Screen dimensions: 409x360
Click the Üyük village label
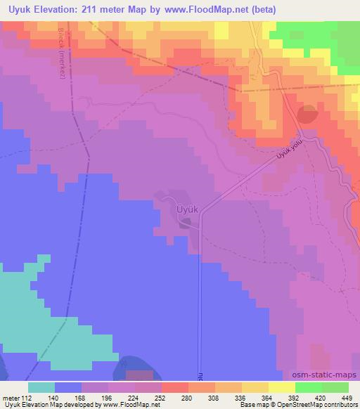click(189, 209)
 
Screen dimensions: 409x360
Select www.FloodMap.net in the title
click(205, 10)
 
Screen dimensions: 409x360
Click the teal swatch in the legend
click(41, 387)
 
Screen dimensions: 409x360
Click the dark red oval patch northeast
click(307, 114)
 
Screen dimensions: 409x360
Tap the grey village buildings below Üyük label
click(185, 223)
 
